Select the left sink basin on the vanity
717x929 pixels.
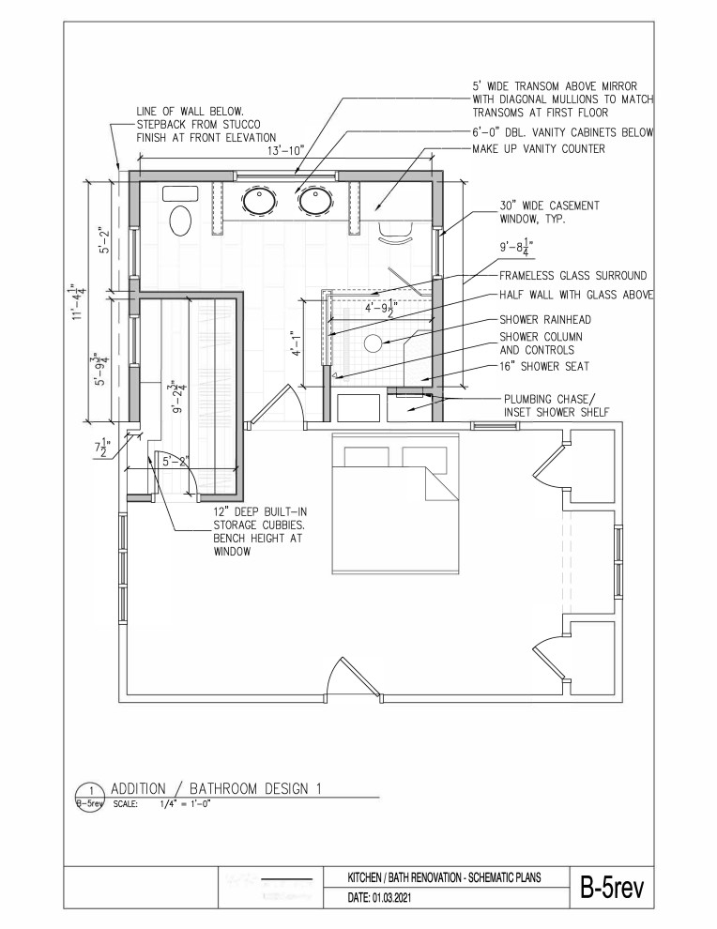click(260, 200)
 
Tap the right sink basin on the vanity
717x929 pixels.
click(315, 200)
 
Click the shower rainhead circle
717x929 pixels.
click(374, 343)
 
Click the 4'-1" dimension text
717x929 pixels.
click(297, 343)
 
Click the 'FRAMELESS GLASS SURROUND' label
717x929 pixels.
click(572, 276)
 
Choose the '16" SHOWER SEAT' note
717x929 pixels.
click(544, 366)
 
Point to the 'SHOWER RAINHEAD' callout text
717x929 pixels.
click(545, 319)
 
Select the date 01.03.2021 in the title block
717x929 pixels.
click(387, 899)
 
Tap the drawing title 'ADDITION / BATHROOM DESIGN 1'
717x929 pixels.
click(216, 788)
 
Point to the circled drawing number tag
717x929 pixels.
click(91, 796)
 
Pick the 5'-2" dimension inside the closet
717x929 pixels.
click(175, 461)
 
